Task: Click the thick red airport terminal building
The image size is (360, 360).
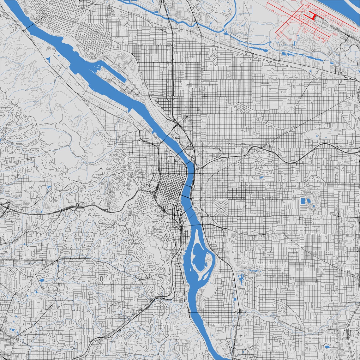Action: (313, 16)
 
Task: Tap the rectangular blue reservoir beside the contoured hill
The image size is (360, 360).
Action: (303, 201)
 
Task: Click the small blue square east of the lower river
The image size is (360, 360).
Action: (235, 298)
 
